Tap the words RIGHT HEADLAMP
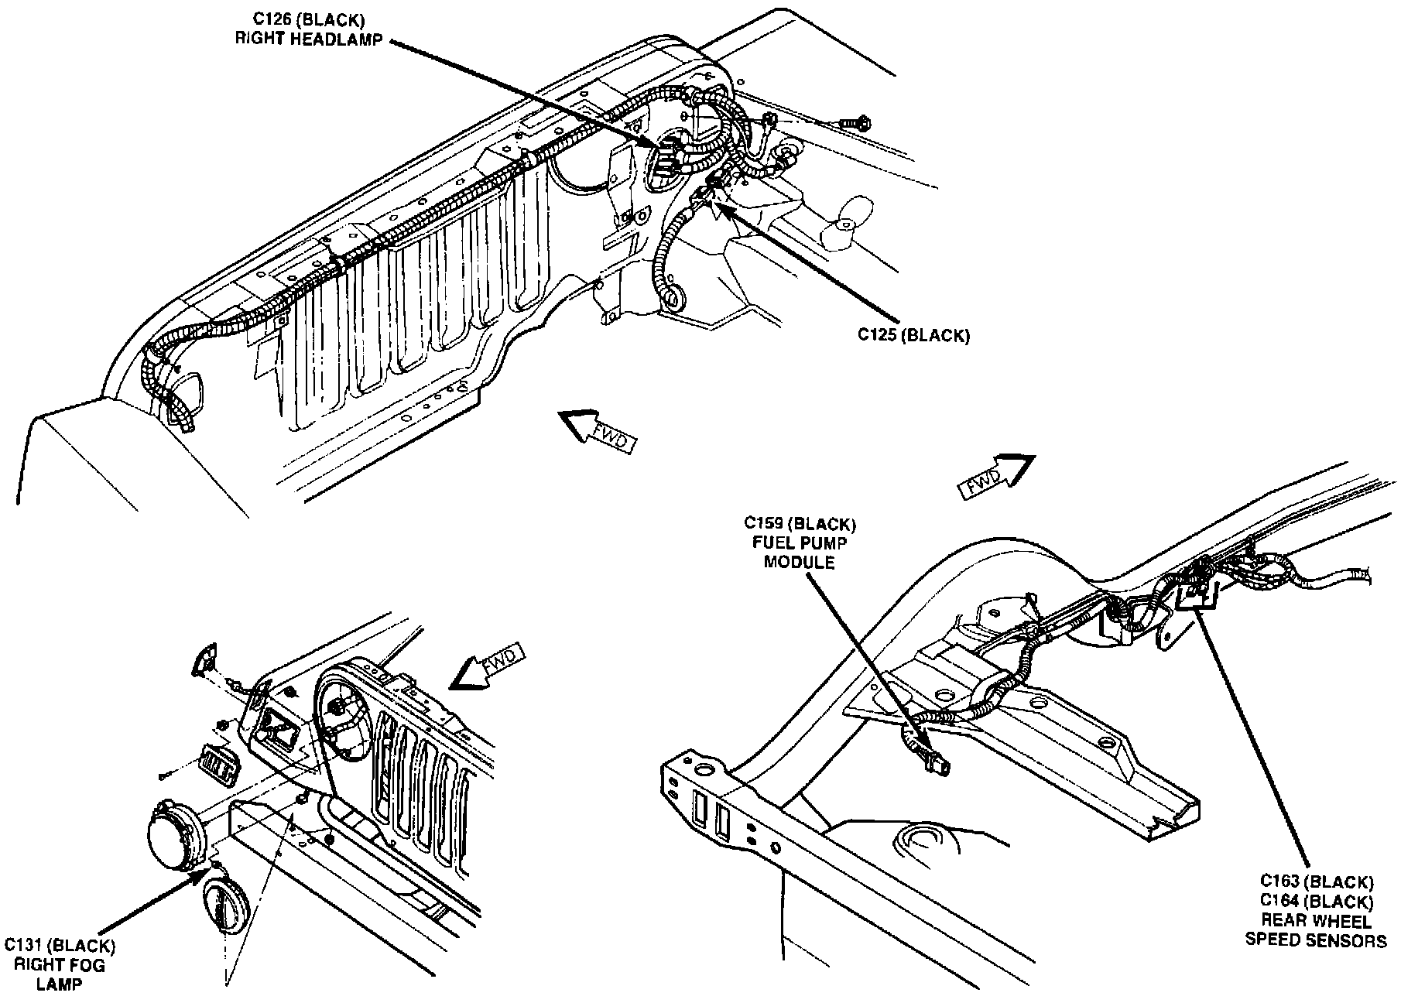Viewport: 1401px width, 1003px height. (x=308, y=39)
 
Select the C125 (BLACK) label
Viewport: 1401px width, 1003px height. (x=913, y=335)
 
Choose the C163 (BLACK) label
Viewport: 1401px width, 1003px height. (x=1316, y=881)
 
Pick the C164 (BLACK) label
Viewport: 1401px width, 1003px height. (x=1316, y=901)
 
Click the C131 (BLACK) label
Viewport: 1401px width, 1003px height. (x=60, y=946)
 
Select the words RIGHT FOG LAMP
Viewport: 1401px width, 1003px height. (x=60, y=974)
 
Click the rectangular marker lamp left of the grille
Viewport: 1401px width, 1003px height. (x=218, y=764)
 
